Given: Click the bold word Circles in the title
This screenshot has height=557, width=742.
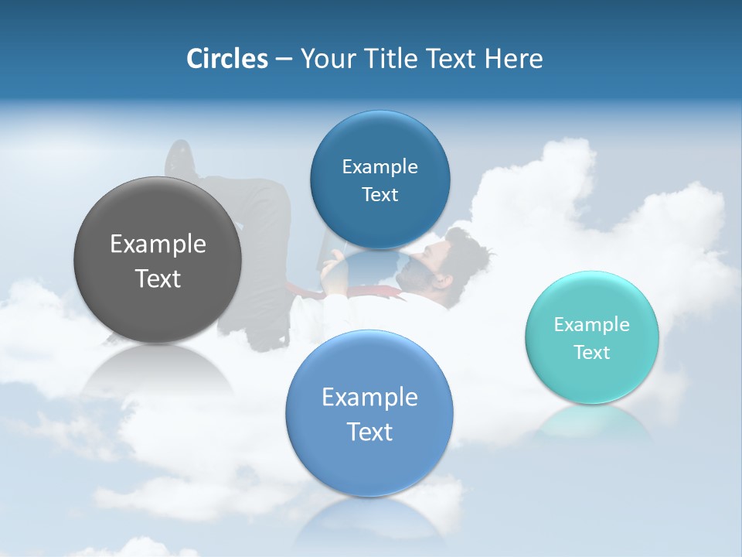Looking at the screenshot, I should [226, 59].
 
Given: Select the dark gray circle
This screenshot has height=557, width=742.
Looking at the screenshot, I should [158, 261].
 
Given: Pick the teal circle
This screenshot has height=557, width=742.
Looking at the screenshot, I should [592, 337].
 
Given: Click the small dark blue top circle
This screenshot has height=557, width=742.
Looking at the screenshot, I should [380, 180].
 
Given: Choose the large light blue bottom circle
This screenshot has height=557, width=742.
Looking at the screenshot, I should [369, 414].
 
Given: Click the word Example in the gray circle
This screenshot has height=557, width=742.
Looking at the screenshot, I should [158, 244].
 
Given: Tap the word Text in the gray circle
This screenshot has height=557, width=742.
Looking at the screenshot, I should [158, 278].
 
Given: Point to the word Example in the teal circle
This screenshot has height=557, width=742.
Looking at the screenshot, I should [592, 324].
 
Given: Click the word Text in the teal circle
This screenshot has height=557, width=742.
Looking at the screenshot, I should [592, 352].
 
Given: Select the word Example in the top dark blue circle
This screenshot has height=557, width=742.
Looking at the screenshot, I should [380, 166].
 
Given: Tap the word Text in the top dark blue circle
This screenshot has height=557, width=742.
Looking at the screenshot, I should [380, 194].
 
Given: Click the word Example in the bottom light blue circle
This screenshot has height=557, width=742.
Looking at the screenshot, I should [369, 397].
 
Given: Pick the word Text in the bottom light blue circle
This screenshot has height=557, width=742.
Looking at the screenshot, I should [369, 432].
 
